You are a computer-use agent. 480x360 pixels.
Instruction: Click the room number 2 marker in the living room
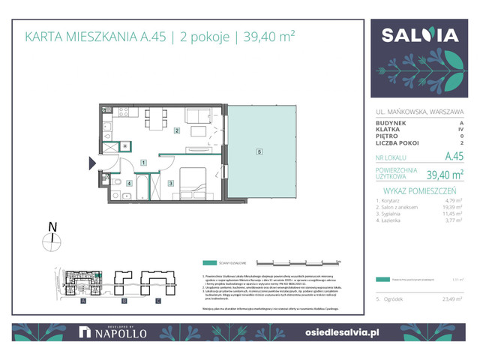(x=177, y=131)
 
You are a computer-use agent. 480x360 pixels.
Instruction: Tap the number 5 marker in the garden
(x=259, y=152)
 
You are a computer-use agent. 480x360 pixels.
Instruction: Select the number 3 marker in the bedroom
(x=171, y=183)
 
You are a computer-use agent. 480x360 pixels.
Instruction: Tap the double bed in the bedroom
(x=194, y=181)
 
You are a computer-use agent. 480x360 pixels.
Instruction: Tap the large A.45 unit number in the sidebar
(x=453, y=157)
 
